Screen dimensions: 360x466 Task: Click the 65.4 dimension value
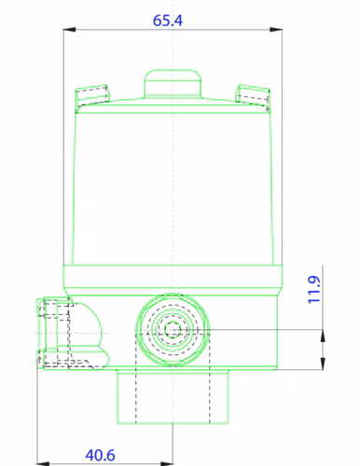pyautogui.click(x=168, y=21)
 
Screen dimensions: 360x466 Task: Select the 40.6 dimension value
pyautogui.click(x=100, y=455)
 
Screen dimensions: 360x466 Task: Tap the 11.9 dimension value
pyautogui.click(x=314, y=290)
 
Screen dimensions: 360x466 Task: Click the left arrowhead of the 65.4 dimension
pyautogui.click(x=69, y=30)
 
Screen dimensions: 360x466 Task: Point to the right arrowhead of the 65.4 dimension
pyautogui.click(x=276, y=30)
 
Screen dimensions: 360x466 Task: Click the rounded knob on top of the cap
pyautogui.click(x=173, y=84)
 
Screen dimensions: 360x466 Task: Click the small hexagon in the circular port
pyautogui.click(x=173, y=330)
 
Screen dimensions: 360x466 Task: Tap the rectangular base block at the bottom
pyautogui.click(x=173, y=396)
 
